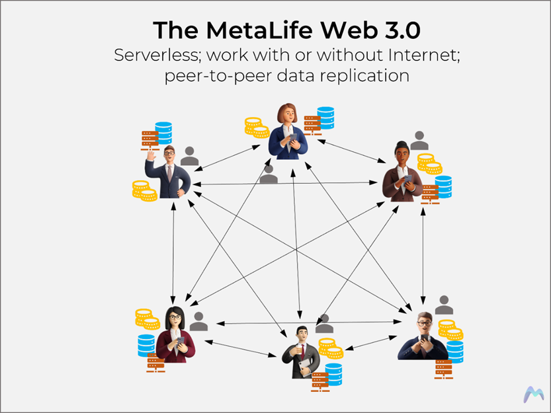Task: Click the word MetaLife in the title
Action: coord(259,30)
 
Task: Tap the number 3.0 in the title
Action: coord(403,30)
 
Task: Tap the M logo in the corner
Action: coord(533,394)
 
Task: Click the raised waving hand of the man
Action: coord(151,155)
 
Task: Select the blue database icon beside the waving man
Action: coord(164,133)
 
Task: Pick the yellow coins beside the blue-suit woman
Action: coord(257,128)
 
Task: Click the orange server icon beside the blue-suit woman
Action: coord(312,126)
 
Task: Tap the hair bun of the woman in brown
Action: coord(402,144)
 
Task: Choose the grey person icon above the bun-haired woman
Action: coord(419,141)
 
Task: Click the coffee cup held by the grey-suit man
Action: coord(299,348)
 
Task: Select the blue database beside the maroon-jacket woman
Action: coord(146,346)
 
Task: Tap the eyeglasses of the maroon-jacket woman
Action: coord(175,317)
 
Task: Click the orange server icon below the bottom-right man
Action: coord(443,369)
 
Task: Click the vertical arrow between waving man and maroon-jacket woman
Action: coord(173,253)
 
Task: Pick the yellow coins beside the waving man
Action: coord(144,191)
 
